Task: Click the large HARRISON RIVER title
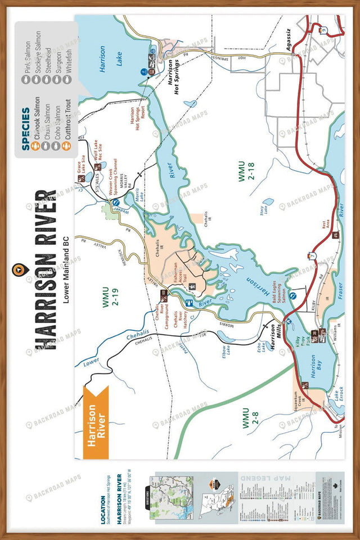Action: click(46, 270)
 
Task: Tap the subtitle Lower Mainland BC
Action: click(66, 270)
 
